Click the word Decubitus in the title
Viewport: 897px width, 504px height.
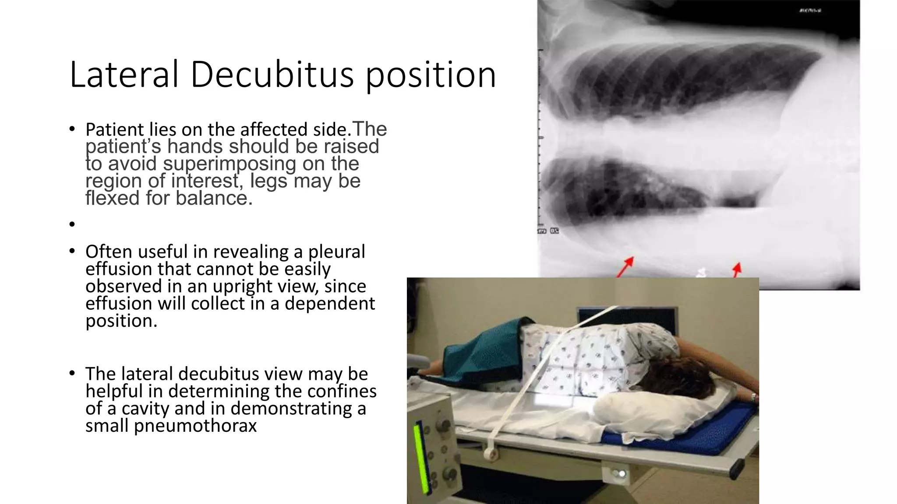coord(272,74)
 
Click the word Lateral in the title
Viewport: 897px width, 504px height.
coord(124,74)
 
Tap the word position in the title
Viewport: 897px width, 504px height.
coord(431,75)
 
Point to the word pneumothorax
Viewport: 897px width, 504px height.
coord(195,426)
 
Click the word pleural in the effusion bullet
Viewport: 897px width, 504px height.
coord(336,252)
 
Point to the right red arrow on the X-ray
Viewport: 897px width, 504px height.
coord(737,269)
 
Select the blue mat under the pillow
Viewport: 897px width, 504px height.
coord(683,437)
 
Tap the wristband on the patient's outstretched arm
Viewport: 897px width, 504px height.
coord(753,397)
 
